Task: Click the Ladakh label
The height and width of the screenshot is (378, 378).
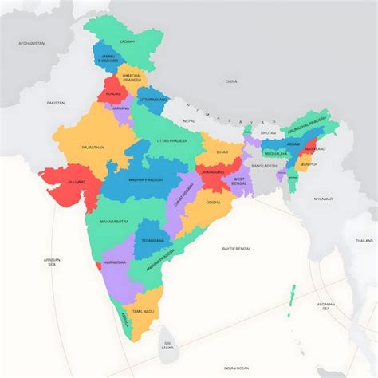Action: tap(128, 41)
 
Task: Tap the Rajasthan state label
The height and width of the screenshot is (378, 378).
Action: tap(93, 148)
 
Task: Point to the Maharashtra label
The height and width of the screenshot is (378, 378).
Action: tap(114, 221)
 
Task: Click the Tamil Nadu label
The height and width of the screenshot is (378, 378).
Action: tap(143, 311)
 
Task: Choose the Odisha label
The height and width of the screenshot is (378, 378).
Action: tap(213, 202)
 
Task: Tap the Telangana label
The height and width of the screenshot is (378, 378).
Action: tap(153, 240)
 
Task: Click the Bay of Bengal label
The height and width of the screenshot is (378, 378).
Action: tap(237, 249)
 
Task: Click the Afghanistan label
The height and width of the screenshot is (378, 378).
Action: tap(31, 43)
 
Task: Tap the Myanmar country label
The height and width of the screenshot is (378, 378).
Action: tap(323, 199)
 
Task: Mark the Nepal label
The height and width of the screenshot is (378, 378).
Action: tap(189, 120)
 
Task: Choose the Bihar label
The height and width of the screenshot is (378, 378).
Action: tap(222, 152)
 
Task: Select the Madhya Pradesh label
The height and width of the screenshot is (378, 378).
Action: tap(144, 180)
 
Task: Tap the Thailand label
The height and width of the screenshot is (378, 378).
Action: tap(364, 240)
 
